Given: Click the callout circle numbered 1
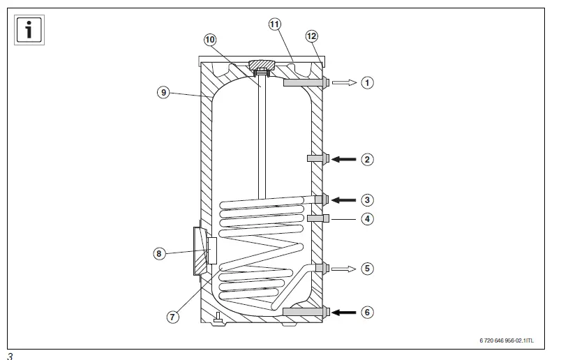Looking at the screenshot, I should pyautogui.click(x=368, y=83).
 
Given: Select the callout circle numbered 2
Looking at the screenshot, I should pyautogui.click(x=368, y=160).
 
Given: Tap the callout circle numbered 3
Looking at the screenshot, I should pyautogui.click(x=368, y=200).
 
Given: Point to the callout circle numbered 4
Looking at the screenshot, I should pyautogui.click(x=368, y=219).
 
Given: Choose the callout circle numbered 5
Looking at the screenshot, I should pyautogui.click(x=368, y=268).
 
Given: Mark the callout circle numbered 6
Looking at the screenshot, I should pyautogui.click(x=368, y=312).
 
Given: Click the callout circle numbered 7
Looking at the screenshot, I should pyautogui.click(x=172, y=317).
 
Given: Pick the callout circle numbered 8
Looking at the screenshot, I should pyautogui.click(x=160, y=254).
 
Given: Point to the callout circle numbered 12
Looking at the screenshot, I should pyautogui.click(x=311, y=36).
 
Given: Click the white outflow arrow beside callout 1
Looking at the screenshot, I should pyautogui.click(x=343, y=83).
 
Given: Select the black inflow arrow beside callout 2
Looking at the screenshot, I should pyautogui.click(x=343, y=160).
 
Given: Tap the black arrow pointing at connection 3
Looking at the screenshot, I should pyautogui.click(x=343, y=200).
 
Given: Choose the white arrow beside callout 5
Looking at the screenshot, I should pyautogui.click(x=343, y=268).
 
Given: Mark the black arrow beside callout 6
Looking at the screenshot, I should pyautogui.click(x=343, y=312).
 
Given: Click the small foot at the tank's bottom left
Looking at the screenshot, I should pyautogui.click(x=218, y=317).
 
